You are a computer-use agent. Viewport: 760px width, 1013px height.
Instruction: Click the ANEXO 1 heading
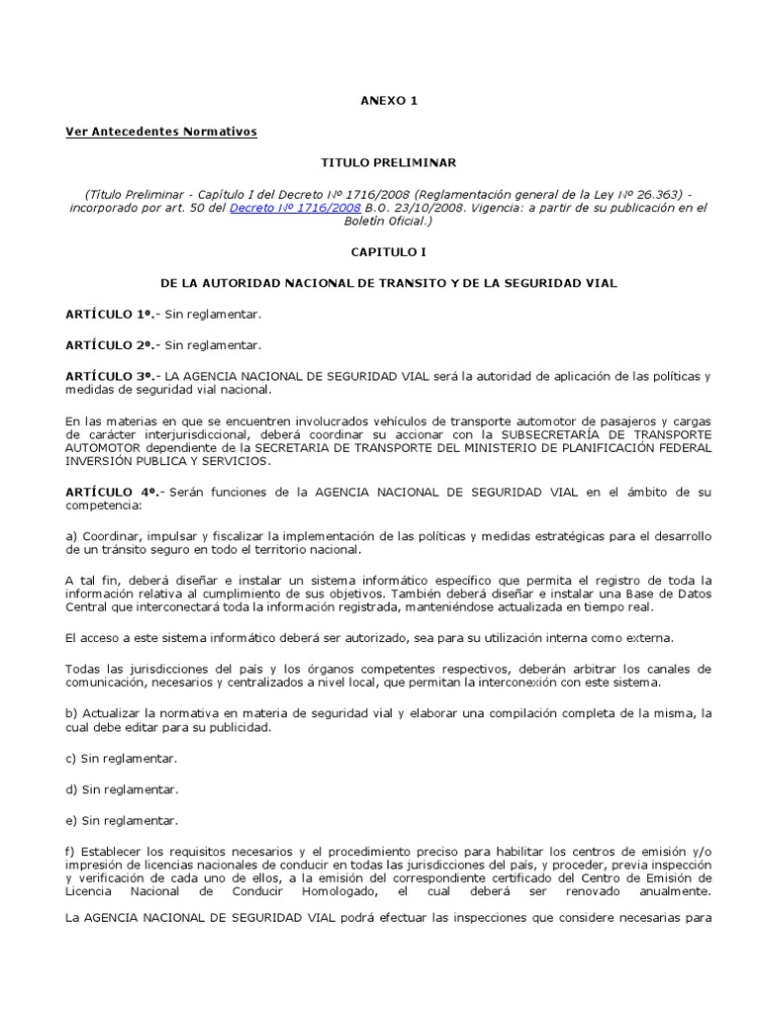pyautogui.click(x=380, y=101)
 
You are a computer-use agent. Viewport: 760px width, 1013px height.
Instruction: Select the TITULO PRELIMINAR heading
pyautogui.click(x=380, y=161)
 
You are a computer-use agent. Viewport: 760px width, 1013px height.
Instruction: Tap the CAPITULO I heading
pyautogui.click(x=380, y=252)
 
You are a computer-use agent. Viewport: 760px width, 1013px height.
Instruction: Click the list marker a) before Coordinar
pyautogui.click(x=71, y=536)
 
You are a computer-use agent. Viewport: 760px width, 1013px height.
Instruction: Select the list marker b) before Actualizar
pyautogui.click(x=71, y=713)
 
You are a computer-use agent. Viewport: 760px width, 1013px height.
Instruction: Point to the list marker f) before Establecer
pyautogui.click(x=70, y=851)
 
